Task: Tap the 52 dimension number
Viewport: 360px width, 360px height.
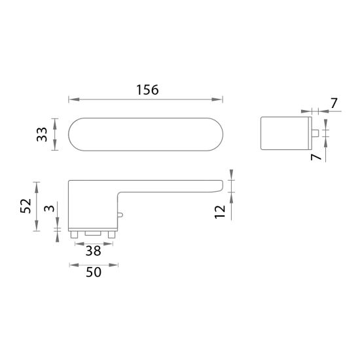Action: point(26,206)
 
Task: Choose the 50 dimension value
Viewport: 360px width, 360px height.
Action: point(94,273)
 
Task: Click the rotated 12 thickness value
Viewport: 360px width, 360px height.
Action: point(219,211)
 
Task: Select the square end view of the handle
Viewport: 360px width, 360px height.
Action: point(285,134)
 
